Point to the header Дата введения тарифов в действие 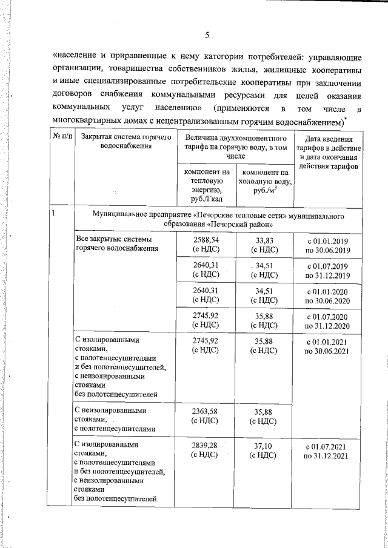329,144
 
